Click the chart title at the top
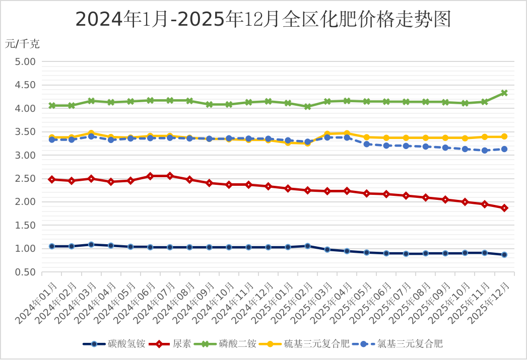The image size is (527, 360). coord(262,19)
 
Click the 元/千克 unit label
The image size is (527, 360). coord(22,44)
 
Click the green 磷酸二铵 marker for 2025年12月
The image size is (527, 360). coord(504,93)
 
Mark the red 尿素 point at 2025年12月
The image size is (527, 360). coord(504,208)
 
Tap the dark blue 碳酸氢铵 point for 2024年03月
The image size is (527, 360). coord(91,245)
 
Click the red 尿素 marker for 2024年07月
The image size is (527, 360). coord(170,176)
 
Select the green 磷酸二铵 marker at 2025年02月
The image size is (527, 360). coord(307,107)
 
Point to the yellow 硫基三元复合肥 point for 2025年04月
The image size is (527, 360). coord(347,133)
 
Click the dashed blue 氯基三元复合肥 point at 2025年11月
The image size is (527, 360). coord(485,151)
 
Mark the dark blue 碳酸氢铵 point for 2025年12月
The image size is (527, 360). coord(504,255)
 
